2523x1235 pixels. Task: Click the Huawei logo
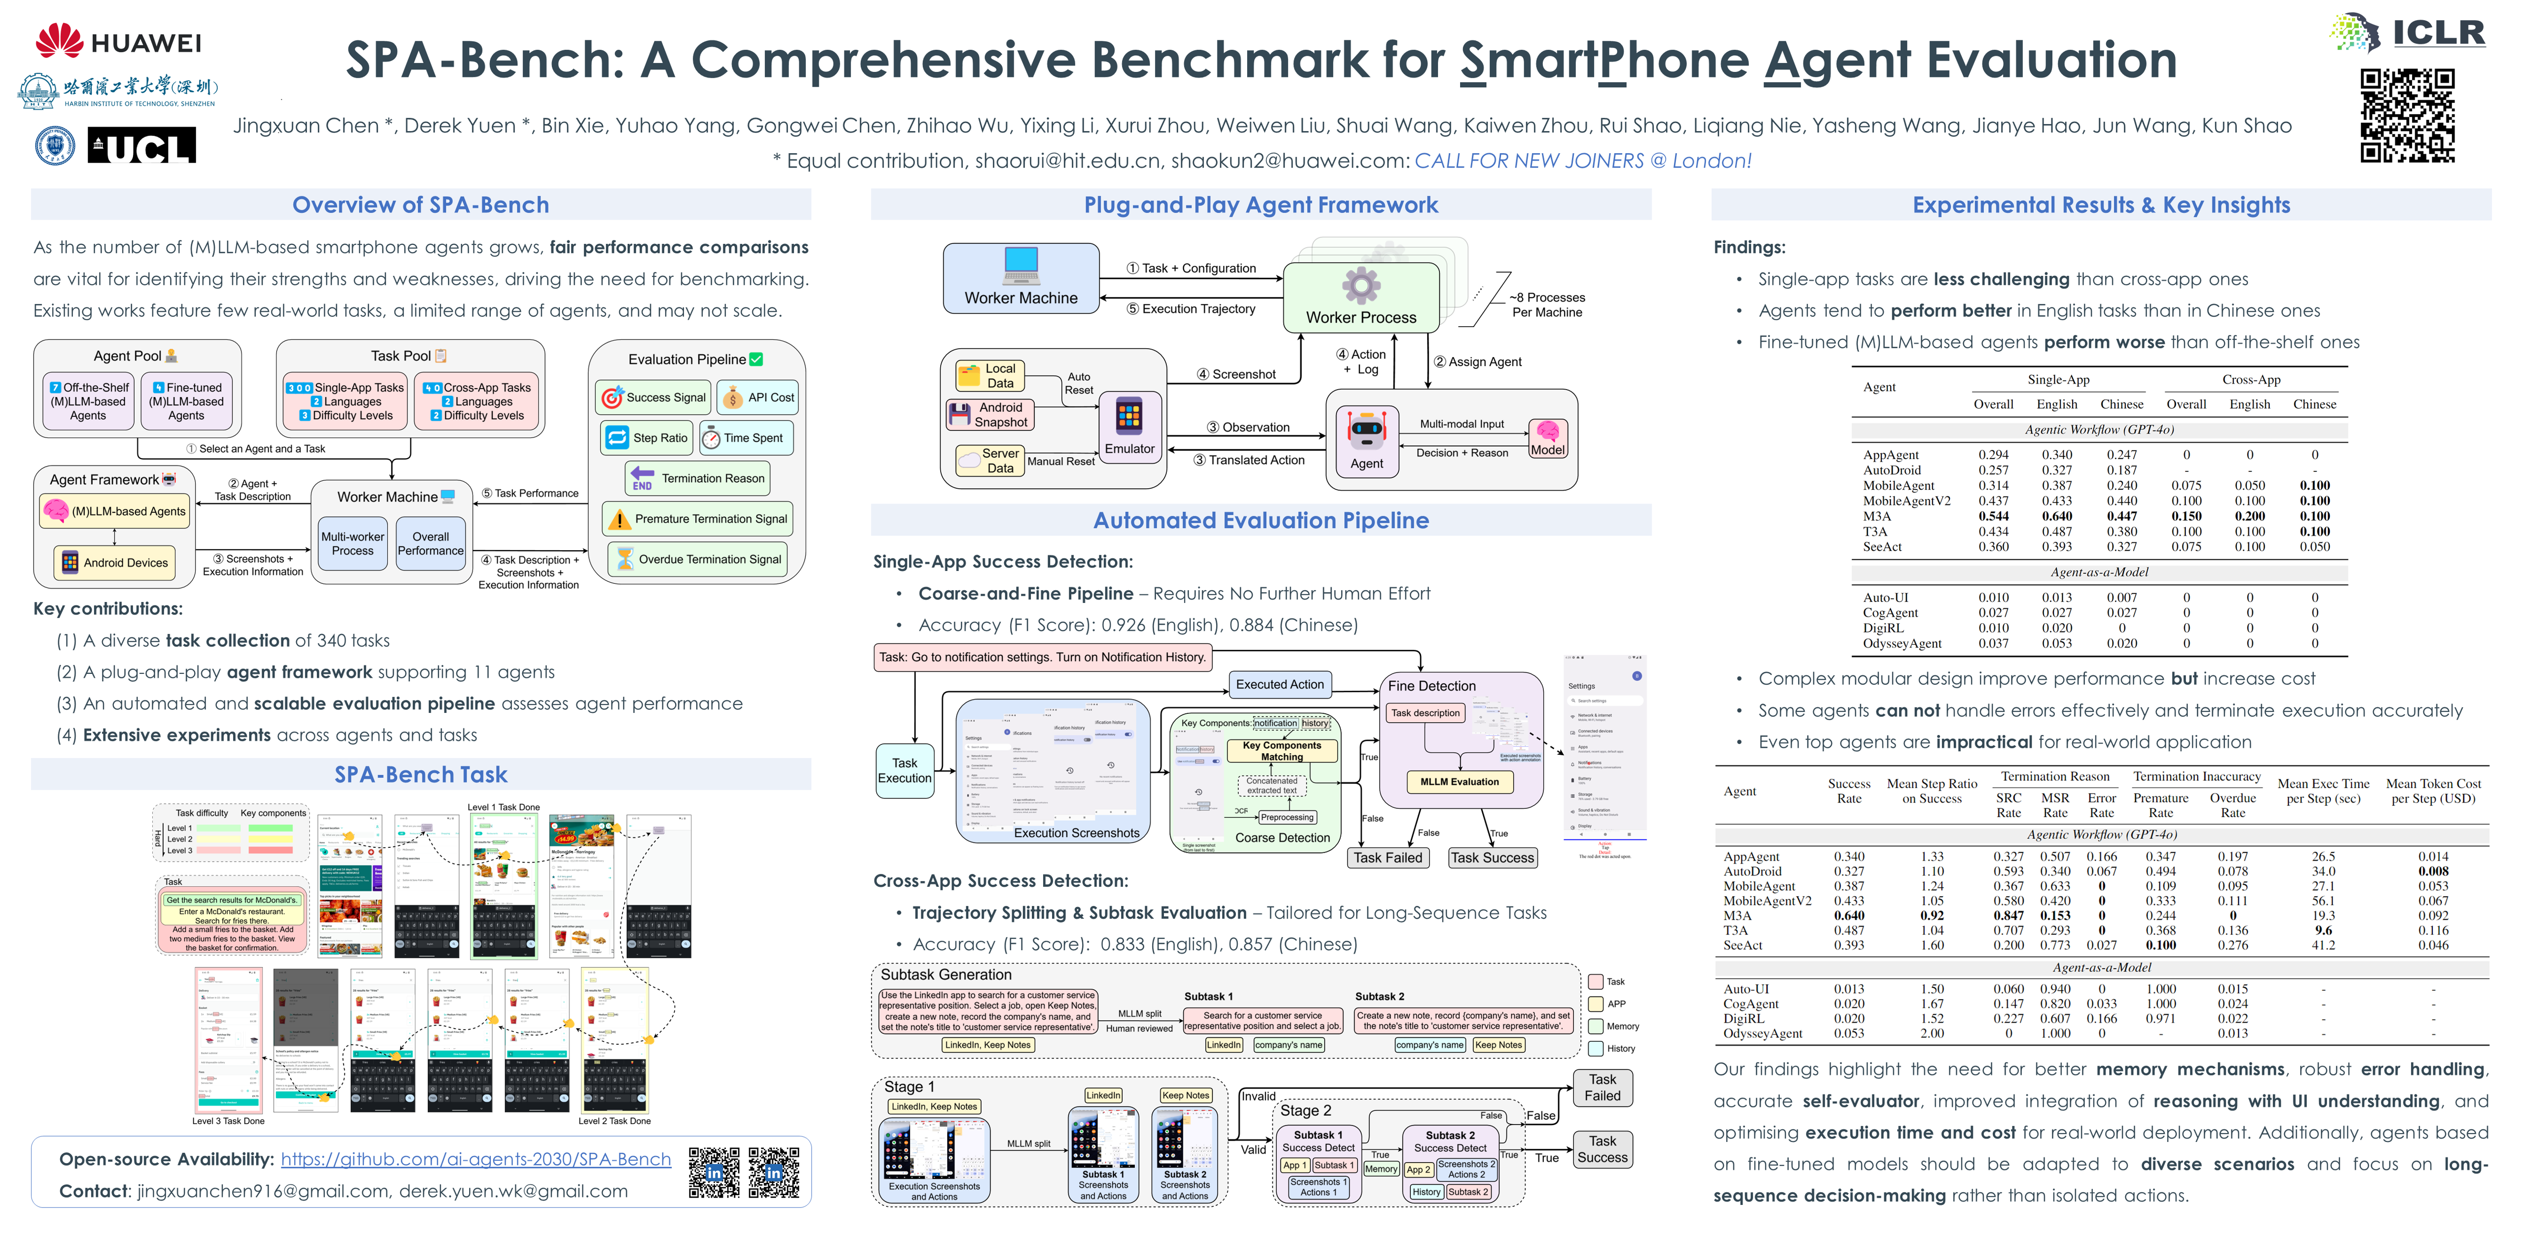(x=118, y=41)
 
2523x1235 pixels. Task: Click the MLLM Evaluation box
(x=1459, y=782)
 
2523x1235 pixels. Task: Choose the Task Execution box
(x=904, y=771)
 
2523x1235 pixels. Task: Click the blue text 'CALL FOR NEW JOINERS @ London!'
(x=1583, y=161)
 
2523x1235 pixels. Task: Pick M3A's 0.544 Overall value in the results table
(x=1993, y=516)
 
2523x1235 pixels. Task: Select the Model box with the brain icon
(x=1547, y=438)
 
